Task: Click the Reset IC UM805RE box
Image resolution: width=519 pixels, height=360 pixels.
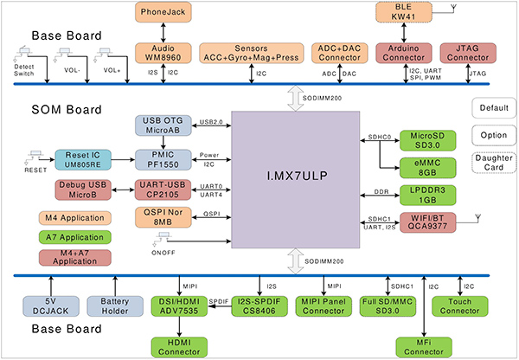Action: pyautogui.click(x=84, y=159)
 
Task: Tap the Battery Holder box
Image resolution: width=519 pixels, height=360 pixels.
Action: pyautogui.click(x=114, y=304)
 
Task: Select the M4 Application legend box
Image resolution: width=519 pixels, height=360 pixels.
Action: pyautogui.click(x=73, y=217)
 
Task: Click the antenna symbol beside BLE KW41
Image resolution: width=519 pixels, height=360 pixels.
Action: pyautogui.click(x=453, y=10)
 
